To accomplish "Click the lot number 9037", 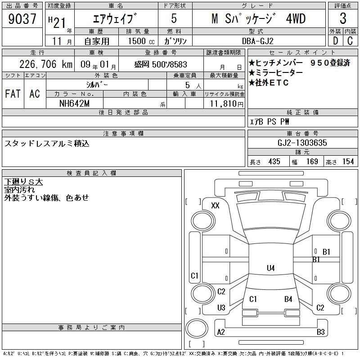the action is click(x=22, y=19).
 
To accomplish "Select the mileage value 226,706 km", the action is click(x=46, y=64).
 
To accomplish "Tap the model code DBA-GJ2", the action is click(x=258, y=41).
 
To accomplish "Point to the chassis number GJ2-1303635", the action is click(x=302, y=143).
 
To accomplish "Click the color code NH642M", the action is click(x=74, y=103).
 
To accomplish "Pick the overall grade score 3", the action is click(x=343, y=18).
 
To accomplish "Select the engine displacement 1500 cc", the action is click(x=141, y=41).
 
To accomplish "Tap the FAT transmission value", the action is click(x=13, y=94).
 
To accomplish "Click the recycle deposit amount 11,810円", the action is click(x=226, y=104).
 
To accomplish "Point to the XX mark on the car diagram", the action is click(x=215, y=205).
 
